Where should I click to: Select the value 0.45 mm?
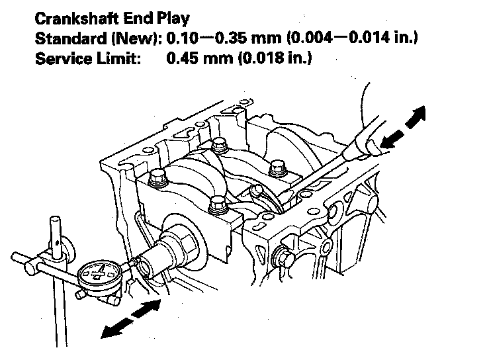pyautogui.click(x=198, y=59)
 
